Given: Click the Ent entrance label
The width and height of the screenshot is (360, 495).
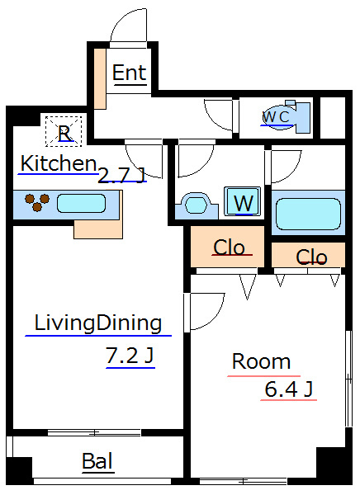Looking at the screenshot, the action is tap(130, 73).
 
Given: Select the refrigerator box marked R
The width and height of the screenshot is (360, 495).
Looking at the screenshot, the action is tap(64, 131).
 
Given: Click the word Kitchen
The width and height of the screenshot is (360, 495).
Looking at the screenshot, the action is tap(59, 163).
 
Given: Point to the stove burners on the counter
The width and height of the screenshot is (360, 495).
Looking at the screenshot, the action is tap(37, 202).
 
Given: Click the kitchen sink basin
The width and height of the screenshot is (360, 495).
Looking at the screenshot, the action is tap(81, 204).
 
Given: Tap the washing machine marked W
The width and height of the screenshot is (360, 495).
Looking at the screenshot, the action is tap(243, 201).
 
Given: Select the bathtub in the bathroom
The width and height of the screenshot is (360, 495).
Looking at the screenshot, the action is tap(308, 214).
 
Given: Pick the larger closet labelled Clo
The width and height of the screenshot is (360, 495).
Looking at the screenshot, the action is tap(227, 247).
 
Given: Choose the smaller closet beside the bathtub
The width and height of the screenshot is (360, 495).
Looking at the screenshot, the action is tap(308, 255).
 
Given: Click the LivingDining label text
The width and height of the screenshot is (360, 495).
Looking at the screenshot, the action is tap(98, 323).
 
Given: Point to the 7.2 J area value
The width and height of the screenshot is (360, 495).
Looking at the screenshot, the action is tap(130, 355).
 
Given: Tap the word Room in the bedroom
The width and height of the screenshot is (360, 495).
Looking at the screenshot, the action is tap(262, 361).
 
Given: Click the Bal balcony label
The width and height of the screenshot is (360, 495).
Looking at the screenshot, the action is tap(97, 461).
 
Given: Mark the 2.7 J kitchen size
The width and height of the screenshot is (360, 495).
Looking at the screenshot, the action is tap(121, 175).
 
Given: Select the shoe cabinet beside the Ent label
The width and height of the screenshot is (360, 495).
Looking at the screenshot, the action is tap(100, 78).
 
